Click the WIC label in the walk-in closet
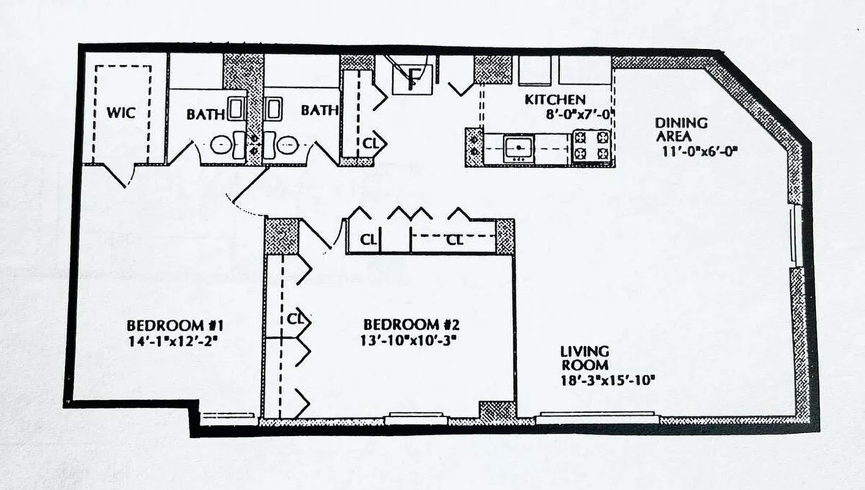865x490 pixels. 121,113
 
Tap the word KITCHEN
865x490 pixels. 554,99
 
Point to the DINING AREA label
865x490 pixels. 681,130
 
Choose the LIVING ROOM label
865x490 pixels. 584,358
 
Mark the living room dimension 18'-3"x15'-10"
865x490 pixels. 608,380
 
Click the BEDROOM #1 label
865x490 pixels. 173,325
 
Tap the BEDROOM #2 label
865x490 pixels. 410,325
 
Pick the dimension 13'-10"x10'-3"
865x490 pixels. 409,339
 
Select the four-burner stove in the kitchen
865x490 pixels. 592,146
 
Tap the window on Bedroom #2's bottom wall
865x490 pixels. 416,418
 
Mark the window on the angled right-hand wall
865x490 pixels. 796,235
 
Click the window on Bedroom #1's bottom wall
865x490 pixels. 227,418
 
